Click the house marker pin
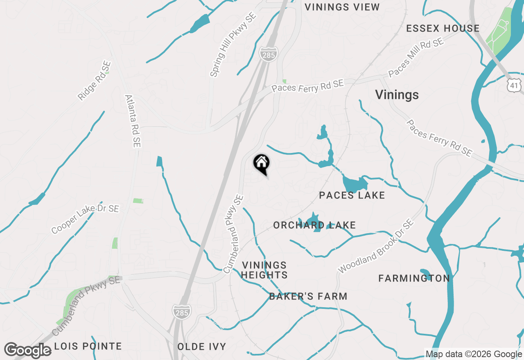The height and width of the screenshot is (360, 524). point(261,164)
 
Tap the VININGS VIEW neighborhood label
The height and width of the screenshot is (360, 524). point(342,7)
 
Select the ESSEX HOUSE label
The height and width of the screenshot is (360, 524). point(443,28)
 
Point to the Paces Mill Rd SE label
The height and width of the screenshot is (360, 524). point(416,58)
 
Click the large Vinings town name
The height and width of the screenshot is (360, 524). point(397,95)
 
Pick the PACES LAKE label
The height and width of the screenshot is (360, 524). point(352,195)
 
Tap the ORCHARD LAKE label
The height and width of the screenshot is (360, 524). point(314,225)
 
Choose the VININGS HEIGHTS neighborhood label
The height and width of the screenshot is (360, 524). point(264,270)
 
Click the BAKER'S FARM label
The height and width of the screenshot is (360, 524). point(308,296)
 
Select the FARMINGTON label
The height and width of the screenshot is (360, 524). point(414,278)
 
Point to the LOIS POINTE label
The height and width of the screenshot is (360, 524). point(88,346)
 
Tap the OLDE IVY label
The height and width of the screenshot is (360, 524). point(201,346)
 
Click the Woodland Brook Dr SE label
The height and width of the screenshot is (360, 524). point(376,246)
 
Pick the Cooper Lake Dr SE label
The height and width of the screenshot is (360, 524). point(85,219)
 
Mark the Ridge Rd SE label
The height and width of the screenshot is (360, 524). point(95,81)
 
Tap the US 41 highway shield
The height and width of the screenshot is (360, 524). point(513,85)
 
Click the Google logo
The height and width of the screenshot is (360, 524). point(27,350)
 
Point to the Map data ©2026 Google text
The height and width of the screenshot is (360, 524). point(474,354)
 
